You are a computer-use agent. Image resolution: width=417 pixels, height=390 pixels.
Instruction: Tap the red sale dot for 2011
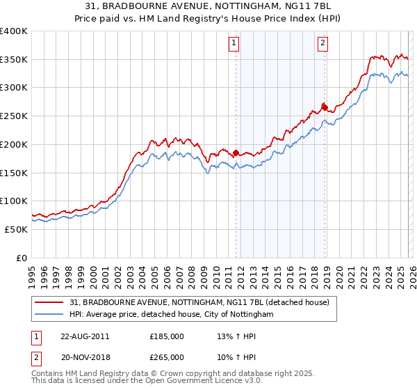(x=236, y=153)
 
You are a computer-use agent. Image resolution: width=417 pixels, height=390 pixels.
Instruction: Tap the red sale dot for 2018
(x=325, y=107)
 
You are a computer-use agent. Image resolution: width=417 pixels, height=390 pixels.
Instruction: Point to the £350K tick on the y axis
(x=14, y=60)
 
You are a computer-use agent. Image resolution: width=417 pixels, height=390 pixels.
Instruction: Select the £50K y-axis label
(x=16, y=229)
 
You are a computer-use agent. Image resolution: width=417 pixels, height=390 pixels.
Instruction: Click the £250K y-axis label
(x=14, y=116)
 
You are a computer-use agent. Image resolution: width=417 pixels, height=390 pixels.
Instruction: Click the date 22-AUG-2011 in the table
(x=85, y=336)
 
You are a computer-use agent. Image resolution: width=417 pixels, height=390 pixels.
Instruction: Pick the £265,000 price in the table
(x=167, y=357)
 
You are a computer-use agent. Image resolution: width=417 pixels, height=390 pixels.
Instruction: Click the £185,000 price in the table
(x=167, y=336)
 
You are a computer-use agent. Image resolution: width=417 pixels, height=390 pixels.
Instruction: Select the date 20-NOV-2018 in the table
(x=85, y=357)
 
